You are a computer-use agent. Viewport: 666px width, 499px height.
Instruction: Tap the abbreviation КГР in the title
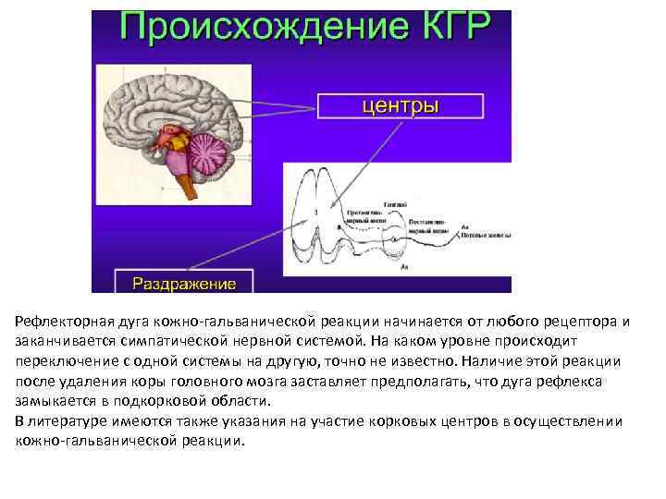click(x=448, y=28)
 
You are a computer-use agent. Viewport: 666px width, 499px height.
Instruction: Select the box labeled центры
click(x=400, y=104)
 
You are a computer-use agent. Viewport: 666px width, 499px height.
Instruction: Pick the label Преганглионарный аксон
click(x=364, y=216)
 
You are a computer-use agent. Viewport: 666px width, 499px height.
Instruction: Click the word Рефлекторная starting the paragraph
click(x=64, y=322)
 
